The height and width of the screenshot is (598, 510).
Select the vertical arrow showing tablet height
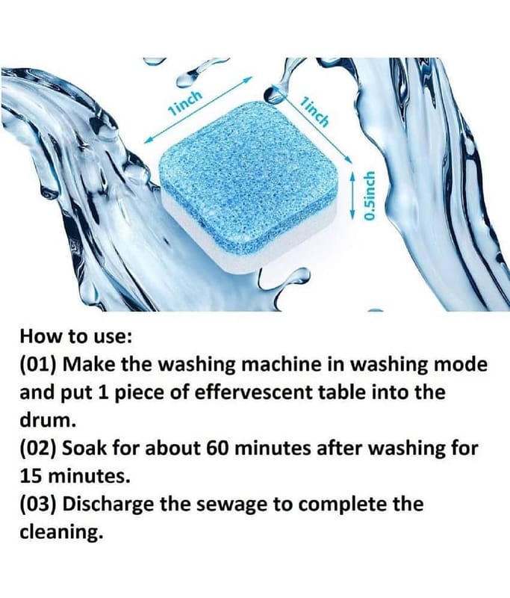point(352,195)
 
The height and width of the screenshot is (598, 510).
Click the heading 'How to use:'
point(76,336)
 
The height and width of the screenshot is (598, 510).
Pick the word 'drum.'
point(46,420)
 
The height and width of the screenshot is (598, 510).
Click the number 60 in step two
point(217,449)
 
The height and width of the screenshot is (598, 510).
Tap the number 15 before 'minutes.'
point(31,476)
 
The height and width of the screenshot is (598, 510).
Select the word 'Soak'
point(84,449)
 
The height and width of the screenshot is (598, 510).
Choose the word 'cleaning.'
point(61,533)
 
